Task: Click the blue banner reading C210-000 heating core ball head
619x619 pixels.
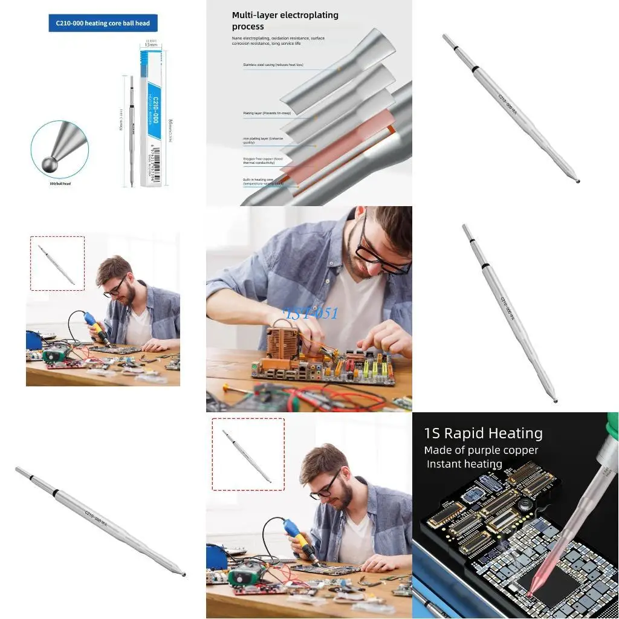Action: point(103,24)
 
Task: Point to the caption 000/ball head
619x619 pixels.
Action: point(60,183)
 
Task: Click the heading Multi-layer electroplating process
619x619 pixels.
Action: point(285,21)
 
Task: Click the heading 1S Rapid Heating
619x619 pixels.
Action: point(483,433)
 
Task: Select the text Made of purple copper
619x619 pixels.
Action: point(481,450)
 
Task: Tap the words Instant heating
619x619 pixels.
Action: point(464,464)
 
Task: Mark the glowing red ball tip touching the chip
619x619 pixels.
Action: point(530,594)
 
